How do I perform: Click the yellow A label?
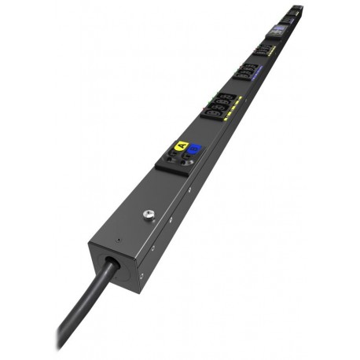click(182, 145)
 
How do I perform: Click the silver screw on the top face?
click(147, 214)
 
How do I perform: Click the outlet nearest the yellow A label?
click(212, 114)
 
